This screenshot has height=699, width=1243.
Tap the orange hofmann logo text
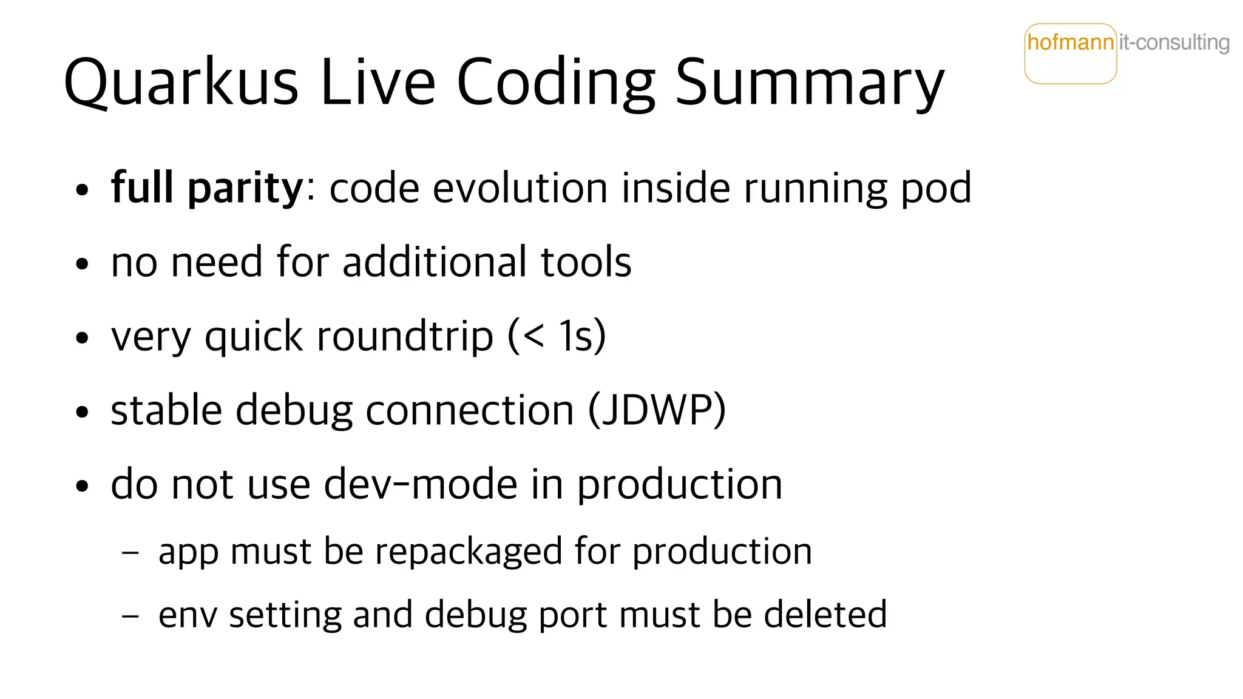tap(1070, 42)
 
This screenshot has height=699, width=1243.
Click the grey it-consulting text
tap(1174, 42)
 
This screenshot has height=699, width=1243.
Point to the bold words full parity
tap(206, 188)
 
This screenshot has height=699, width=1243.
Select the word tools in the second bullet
tap(586, 262)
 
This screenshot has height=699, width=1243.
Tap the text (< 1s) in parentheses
tap(557, 336)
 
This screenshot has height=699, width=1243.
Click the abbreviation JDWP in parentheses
tap(657, 410)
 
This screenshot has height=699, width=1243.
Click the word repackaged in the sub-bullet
tap(468, 552)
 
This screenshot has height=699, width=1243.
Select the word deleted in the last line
tap(825, 615)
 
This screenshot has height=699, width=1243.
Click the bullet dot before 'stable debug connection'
tap(83, 413)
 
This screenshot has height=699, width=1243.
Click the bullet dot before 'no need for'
tap(83, 265)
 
